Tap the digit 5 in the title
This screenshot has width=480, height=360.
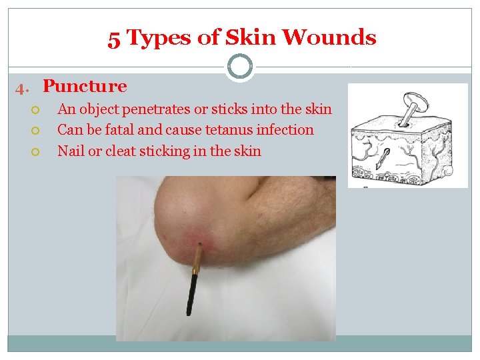pos(114,39)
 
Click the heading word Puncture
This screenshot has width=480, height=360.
pos(85,87)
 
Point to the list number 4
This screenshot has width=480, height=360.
pos(22,87)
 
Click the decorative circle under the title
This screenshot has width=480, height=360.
pos(239,67)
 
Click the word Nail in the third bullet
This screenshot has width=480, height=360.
pos(71,151)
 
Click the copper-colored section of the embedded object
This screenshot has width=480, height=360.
pos(197,261)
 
